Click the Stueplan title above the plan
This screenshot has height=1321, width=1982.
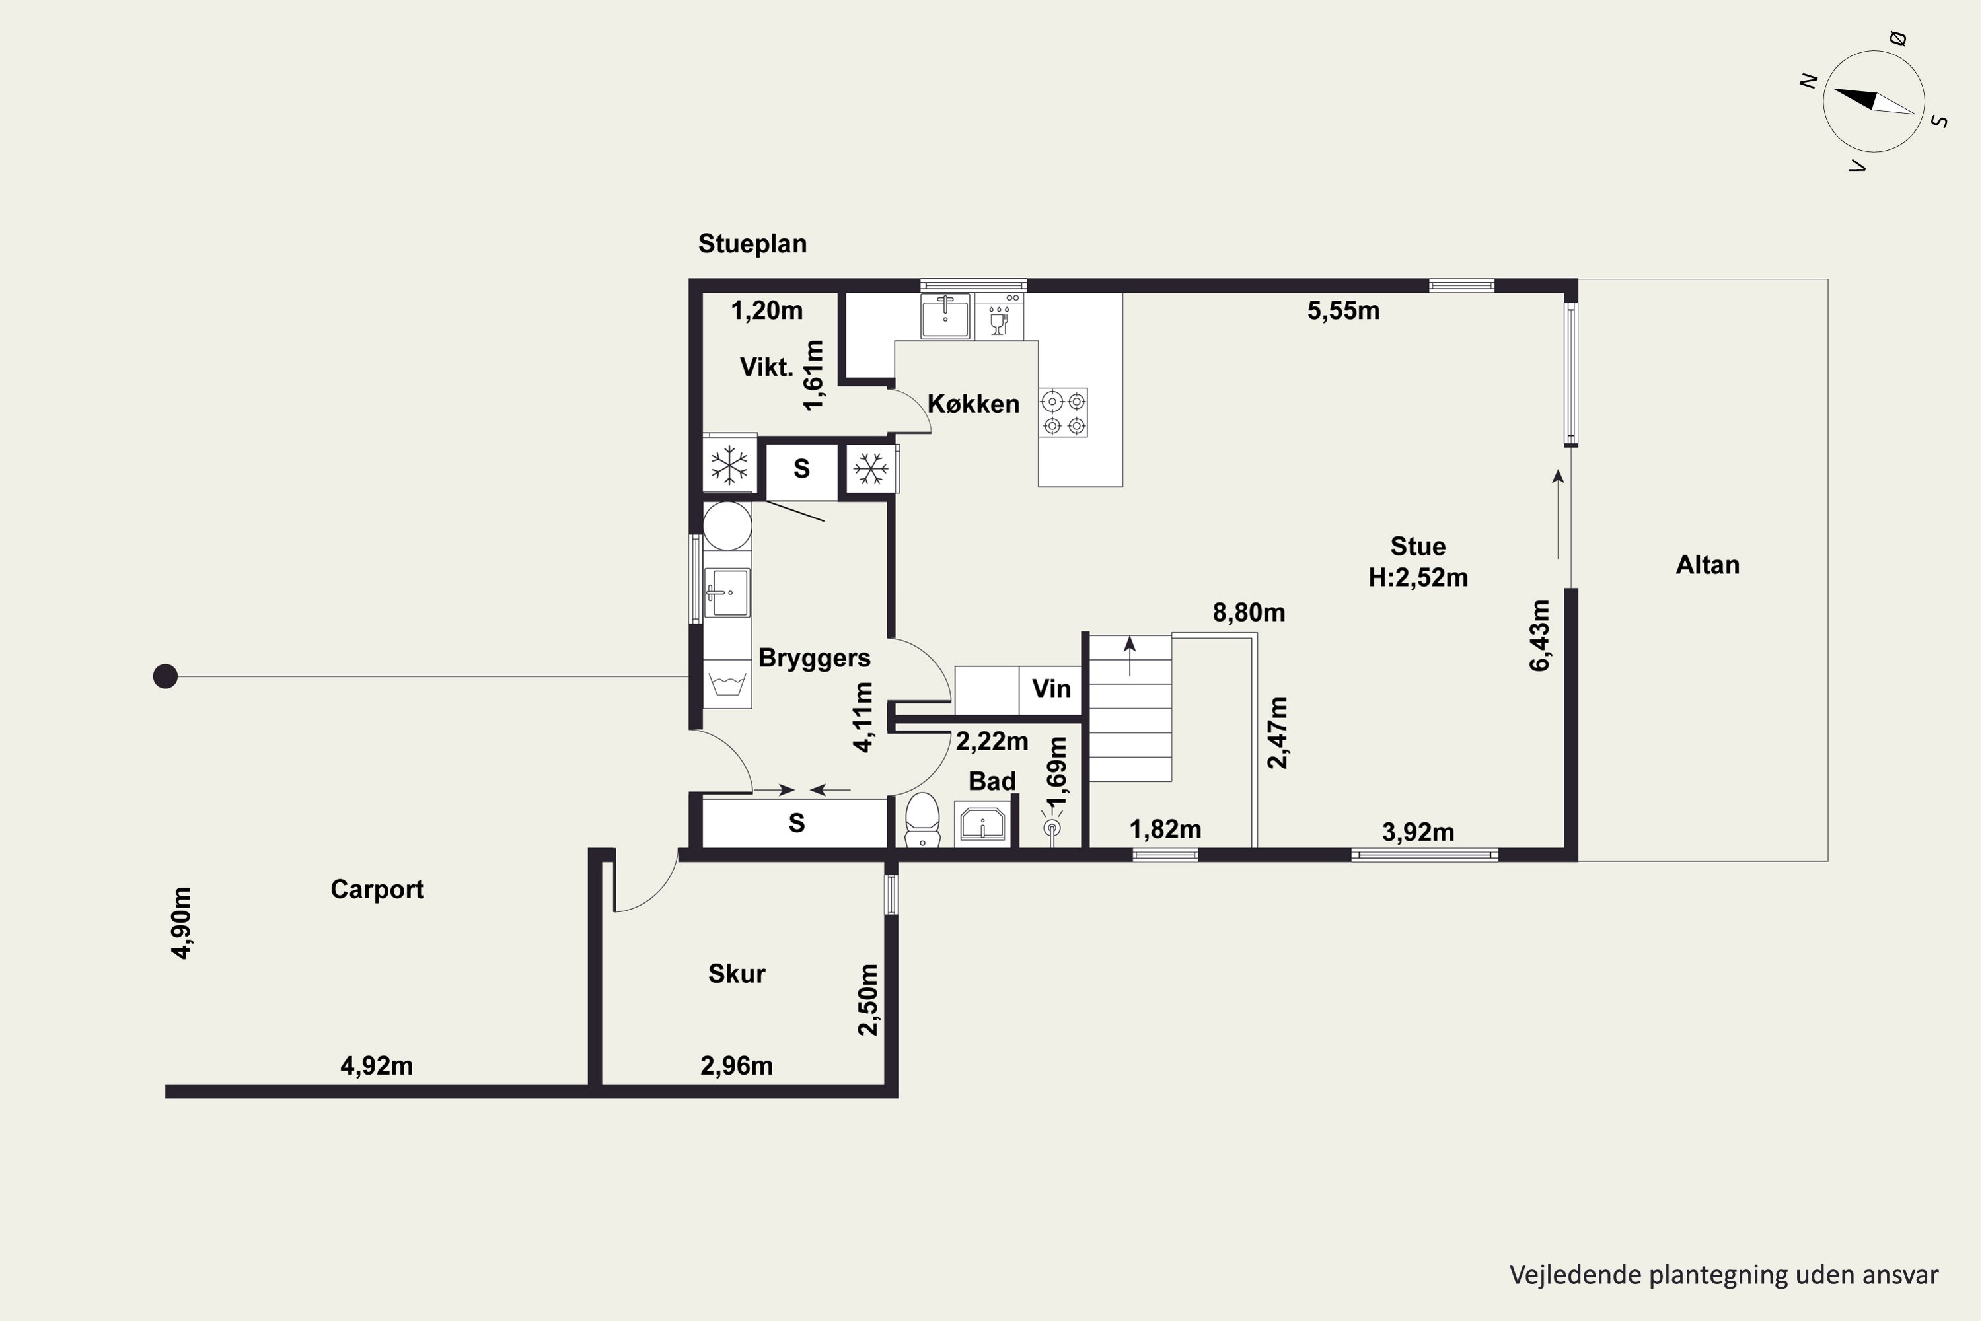coord(752,244)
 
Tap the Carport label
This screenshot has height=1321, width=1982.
coord(377,890)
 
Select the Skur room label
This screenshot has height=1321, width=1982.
coord(737,974)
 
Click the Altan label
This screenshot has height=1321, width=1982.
coord(1707,565)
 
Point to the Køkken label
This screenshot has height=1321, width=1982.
coord(973,404)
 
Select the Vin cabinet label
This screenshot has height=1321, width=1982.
coord(1051,689)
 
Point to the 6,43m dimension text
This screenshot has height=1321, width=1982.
coord(1539,635)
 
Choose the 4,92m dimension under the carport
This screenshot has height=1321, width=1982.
coord(377,1067)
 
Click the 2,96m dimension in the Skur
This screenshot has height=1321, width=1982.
coord(737,1067)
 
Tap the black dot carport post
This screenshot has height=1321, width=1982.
coord(165,676)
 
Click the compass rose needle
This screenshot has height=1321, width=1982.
coord(1873,101)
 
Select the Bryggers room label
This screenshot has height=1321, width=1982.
coord(814,658)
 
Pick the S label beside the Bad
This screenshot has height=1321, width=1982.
coord(796,823)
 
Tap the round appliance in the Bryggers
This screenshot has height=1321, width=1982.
coord(727,526)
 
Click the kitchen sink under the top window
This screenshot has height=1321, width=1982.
coord(945,316)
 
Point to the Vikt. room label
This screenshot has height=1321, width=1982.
coord(767,367)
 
